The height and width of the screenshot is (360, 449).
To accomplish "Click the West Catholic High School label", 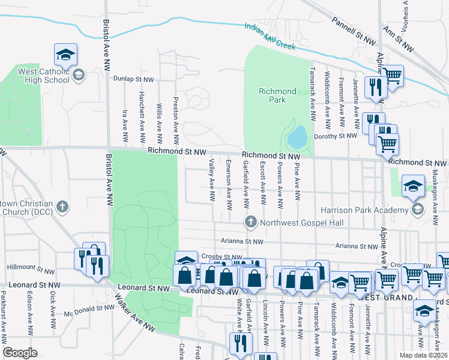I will pyautogui.click(x=35, y=76).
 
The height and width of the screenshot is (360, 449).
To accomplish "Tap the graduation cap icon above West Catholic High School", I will pyautogui.click(x=65, y=55).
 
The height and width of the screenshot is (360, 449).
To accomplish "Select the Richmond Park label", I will pyautogui.click(x=277, y=95).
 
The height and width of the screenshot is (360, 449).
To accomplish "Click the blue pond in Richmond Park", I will pyautogui.click(x=297, y=137).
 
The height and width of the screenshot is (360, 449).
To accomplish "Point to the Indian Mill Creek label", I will pyautogui.click(x=271, y=32).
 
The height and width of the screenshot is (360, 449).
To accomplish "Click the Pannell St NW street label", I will pyautogui.click(x=353, y=31).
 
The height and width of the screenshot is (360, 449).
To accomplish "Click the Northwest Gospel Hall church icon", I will pyautogui.click(x=250, y=223).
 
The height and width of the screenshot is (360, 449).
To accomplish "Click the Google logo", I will pyautogui.click(x=20, y=353).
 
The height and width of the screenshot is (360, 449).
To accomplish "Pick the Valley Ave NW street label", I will pyautogui.click(x=211, y=179).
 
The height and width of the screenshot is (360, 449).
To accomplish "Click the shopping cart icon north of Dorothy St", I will pyautogui.click(x=392, y=76).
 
